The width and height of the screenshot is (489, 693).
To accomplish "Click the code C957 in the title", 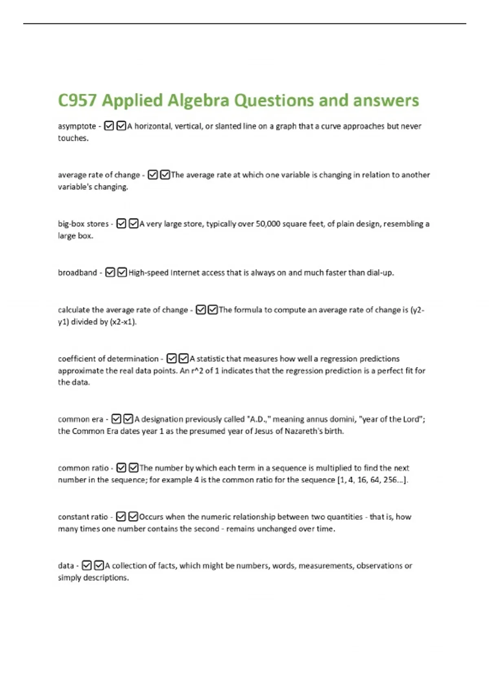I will pyautogui.click(x=77, y=101).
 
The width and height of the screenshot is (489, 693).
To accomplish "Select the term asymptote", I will pyautogui.click(x=77, y=126).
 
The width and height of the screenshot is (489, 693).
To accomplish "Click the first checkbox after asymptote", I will pyautogui.click(x=109, y=126).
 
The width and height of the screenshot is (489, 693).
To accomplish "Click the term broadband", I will pyautogui.click(x=77, y=273).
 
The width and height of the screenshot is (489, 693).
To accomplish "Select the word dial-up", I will pyautogui.click(x=380, y=273).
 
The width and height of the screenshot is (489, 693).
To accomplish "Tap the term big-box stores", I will pyautogui.click(x=83, y=224).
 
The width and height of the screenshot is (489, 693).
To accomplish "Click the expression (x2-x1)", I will pyautogui.click(x=123, y=322).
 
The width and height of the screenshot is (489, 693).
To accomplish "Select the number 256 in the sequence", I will pyautogui.click(x=390, y=480).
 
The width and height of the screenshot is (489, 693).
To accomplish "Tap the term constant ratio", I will pyautogui.click(x=83, y=517).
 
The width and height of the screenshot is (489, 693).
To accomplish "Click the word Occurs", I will pyautogui.click(x=151, y=517).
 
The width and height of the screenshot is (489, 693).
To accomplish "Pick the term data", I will pyautogui.click(x=66, y=566).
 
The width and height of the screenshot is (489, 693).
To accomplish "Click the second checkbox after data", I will pyautogui.click(x=99, y=565).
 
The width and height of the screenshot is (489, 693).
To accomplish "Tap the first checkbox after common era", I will pyautogui.click(x=116, y=419).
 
